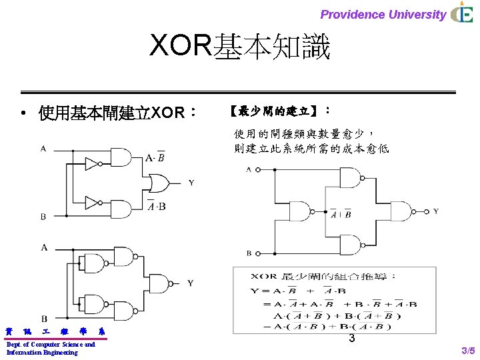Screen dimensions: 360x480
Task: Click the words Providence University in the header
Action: pos(383,14)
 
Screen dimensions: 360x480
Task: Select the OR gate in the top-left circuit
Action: pos(158,182)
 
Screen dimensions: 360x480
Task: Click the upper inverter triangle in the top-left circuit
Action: pos(92,163)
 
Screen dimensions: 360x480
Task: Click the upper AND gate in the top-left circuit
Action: pos(121,157)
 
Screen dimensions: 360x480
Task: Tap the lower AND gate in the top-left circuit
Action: pos(121,207)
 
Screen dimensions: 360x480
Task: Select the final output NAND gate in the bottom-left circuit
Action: pos(160,283)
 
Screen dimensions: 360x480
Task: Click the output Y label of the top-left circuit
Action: pos(191,182)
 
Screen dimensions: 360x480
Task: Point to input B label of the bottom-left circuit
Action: pos(44,319)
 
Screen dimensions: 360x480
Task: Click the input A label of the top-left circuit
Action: pos(43,149)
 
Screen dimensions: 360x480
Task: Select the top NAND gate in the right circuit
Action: pos(351,178)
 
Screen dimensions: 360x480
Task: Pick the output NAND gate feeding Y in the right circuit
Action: pos(401,211)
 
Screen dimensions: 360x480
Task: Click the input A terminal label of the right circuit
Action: pos(249,170)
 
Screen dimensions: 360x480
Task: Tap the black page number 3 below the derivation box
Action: pos(351,340)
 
